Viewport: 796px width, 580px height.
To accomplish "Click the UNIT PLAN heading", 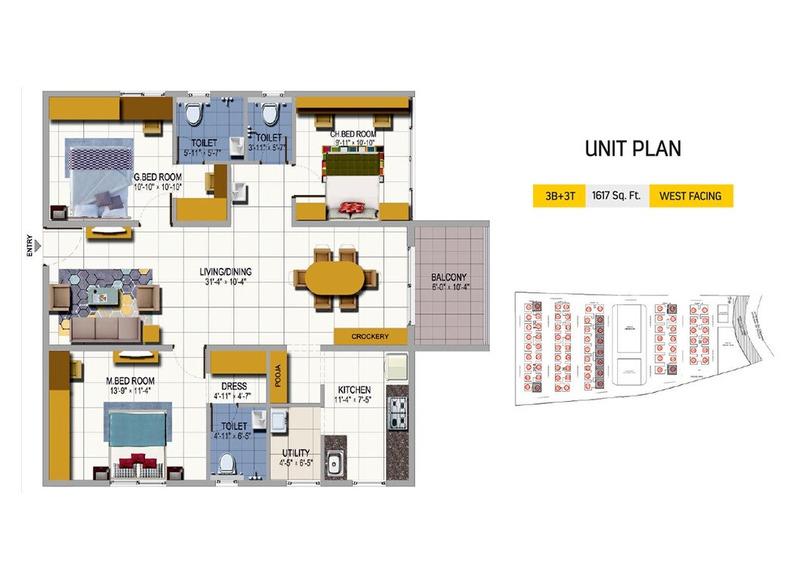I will click(x=633, y=149).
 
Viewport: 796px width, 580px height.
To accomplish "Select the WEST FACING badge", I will click(x=690, y=196).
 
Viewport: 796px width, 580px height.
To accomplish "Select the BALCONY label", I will click(x=449, y=277).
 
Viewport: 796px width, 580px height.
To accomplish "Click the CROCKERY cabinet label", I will click(x=370, y=336).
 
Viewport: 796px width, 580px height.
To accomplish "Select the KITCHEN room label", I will click(x=353, y=390).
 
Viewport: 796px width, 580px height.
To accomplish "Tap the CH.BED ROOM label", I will click(x=352, y=134).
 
